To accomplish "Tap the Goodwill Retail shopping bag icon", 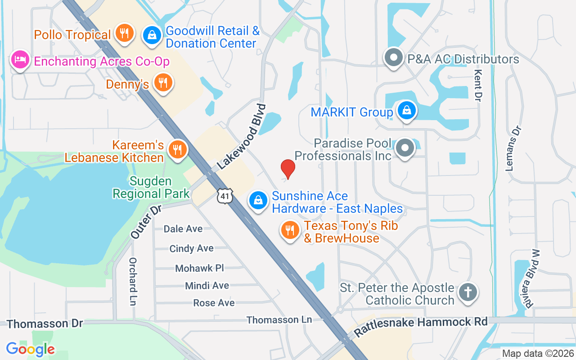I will pos(153,35).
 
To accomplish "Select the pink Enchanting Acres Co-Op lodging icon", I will pos(20,59).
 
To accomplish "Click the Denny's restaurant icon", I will pos(162,82).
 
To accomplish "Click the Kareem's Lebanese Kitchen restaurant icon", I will pos(177,148).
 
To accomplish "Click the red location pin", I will pos(288,168).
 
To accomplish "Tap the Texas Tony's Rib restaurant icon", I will pos(290,230).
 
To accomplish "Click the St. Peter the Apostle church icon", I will pos(468,292).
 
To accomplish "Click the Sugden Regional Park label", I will pos(151,188).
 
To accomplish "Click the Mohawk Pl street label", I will pos(199,268).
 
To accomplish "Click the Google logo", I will pos(31,349).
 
